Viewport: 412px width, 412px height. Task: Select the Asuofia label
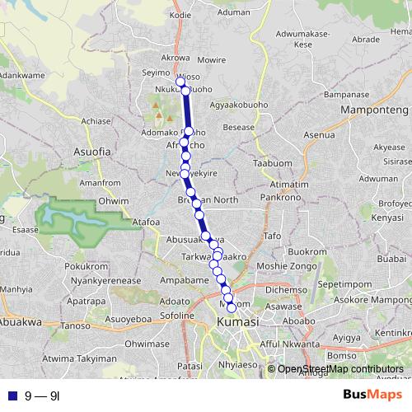91,152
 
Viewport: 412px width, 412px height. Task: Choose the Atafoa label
145,221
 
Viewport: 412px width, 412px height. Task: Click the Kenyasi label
386,218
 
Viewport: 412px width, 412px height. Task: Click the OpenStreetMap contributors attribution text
339,369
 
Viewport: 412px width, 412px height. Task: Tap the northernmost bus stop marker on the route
180,82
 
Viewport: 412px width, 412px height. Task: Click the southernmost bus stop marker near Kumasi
232,307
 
